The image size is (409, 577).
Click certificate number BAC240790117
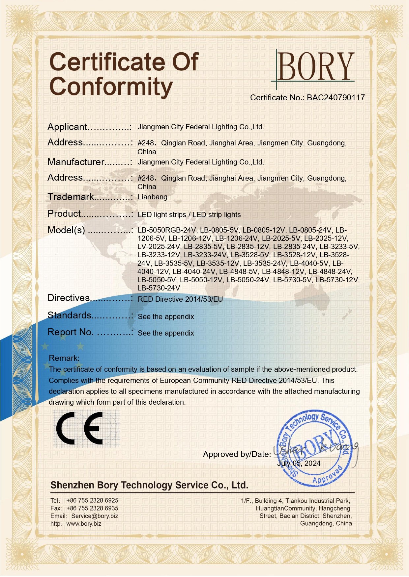pos(336,98)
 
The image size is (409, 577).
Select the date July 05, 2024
pos(299,464)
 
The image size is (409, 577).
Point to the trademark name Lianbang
pos(152,197)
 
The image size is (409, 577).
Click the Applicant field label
pos(67,127)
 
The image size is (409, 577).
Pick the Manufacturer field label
pos(76,162)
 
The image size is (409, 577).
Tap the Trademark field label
pos(71,197)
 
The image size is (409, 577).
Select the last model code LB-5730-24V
pos(159,288)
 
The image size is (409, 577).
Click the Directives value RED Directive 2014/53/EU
pos(180,299)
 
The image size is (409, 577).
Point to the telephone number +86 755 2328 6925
pos(92,501)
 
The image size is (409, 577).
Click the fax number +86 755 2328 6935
pos(92,509)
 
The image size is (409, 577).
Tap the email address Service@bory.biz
pos(95,516)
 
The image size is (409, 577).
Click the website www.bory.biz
pos(84,524)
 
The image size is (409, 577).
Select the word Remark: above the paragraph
pos(64,358)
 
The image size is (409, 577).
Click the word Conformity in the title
pos(111,87)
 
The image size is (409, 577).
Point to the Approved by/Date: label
pos(237,454)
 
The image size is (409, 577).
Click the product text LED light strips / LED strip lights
pos(189,215)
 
